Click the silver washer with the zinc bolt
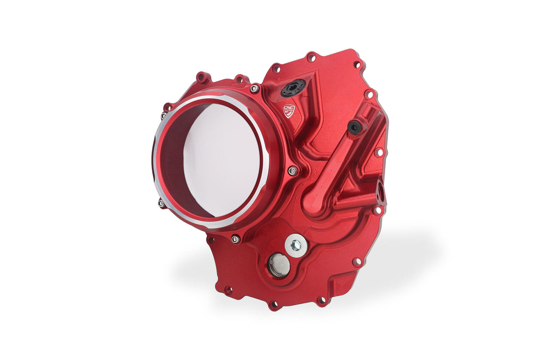(x=296, y=245)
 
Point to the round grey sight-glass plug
(x=279, y=265)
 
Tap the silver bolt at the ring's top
(x=254, y=89)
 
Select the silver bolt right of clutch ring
(x=292, y=171)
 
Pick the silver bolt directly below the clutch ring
(x=235, y=238)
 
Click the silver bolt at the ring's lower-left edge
(x=161, y=204)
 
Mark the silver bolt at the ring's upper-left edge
(x=163, y=116)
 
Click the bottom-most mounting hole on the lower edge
(x=274, y=305)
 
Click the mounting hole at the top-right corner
(x=357, y=64)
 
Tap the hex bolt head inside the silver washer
(x=296, y=245)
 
